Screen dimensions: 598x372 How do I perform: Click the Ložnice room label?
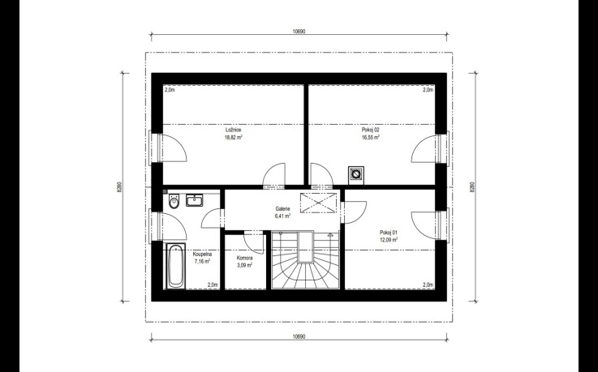[233, 130]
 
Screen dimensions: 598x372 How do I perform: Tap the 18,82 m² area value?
[234, 137]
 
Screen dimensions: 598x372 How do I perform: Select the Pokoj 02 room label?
[371, 130]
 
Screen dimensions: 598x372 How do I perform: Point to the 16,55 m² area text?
[371, 137]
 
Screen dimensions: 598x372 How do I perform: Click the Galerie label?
[282, 208]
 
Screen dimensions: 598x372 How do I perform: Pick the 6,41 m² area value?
[282, 216]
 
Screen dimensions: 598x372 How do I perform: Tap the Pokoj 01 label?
[389, 233]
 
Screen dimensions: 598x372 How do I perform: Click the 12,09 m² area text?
[389, 240]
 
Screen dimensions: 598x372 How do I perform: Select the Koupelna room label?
[202, 254]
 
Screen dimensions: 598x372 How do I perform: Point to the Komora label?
[244, 258]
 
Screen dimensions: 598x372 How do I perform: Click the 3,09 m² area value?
[244, 265]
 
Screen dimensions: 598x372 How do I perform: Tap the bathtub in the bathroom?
[176, 266]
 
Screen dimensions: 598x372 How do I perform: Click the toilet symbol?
[174, 201]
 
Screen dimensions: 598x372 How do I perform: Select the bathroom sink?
[195, 200]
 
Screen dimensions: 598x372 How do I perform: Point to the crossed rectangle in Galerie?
[319, 202]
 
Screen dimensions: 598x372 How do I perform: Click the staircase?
[305, 259]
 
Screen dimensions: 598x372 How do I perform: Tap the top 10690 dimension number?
[299, 32]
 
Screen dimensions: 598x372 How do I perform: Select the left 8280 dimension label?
[119, 187]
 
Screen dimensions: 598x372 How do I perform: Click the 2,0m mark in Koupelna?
[213, 284]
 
